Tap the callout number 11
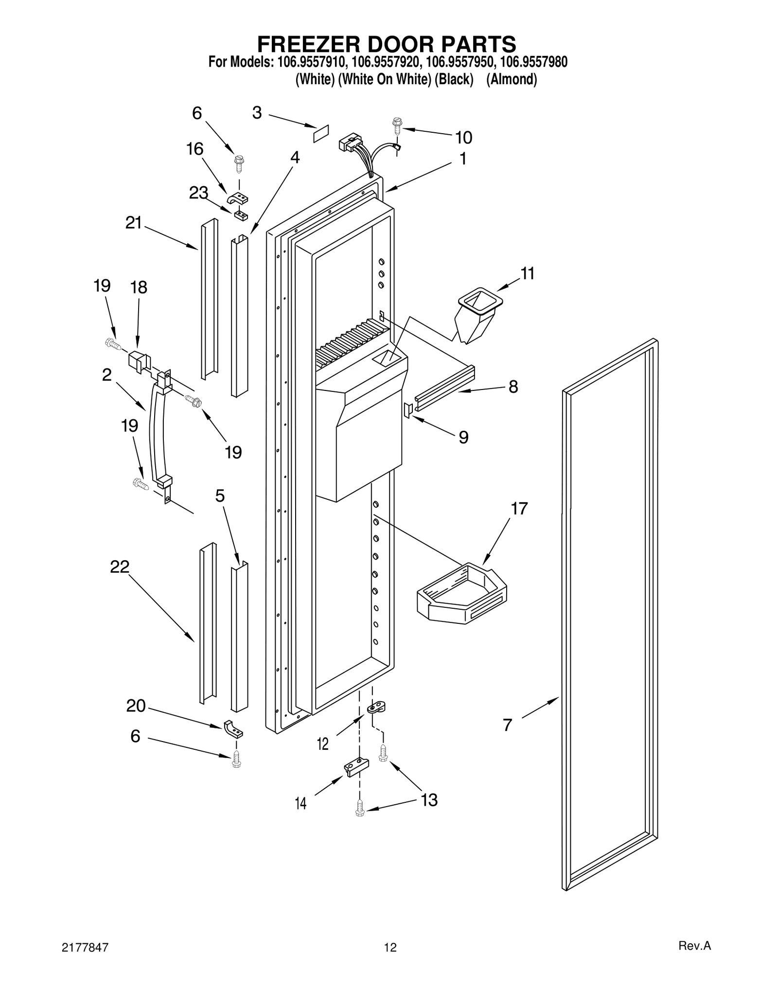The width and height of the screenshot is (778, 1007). (527, 273)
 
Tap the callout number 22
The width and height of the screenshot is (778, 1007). (120, 566)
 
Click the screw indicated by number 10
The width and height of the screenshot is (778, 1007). (397, 125)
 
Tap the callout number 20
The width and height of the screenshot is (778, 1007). (136, 706)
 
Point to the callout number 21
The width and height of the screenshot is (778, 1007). (133, 223)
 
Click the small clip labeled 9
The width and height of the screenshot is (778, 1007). (408, 409)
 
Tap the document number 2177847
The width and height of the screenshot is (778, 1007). (85, 947)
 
